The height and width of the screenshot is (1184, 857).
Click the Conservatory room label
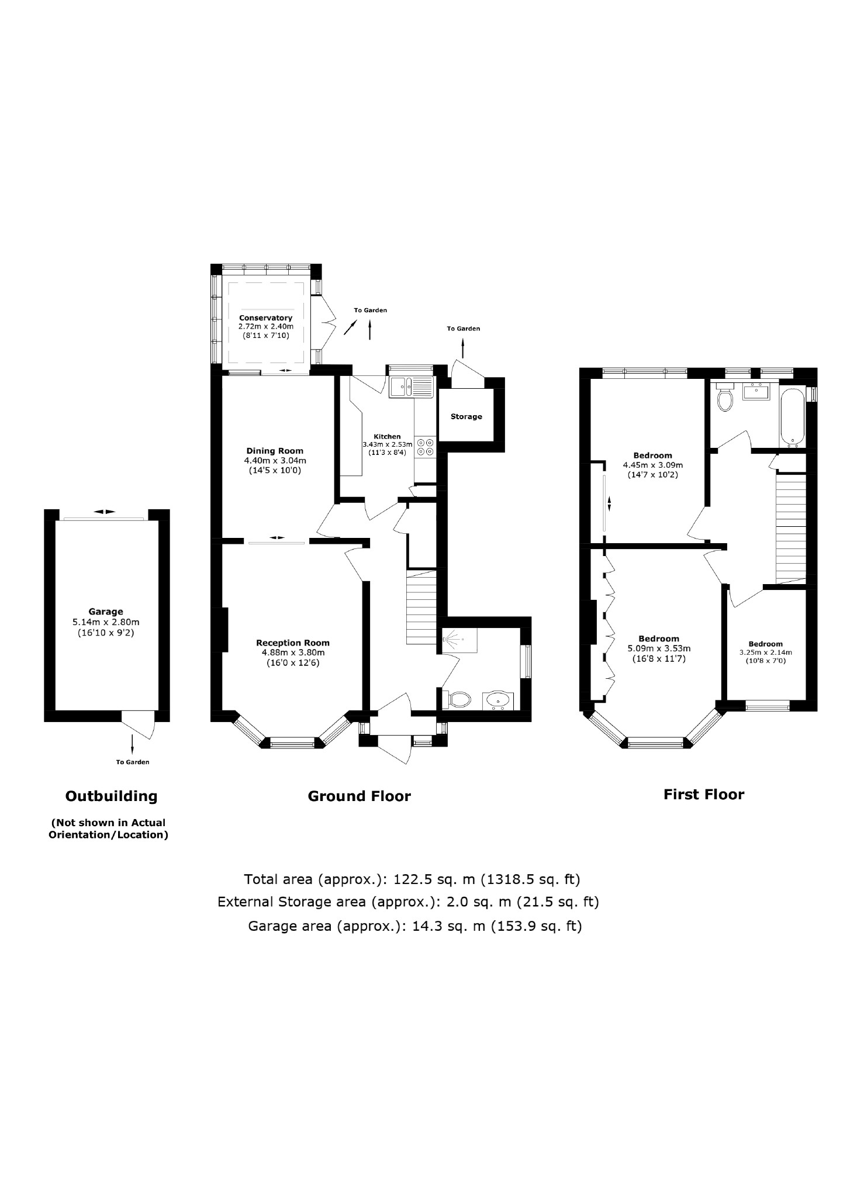click(265, 317)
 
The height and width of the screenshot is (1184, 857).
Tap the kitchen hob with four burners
click(425, 447)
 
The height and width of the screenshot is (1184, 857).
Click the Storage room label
click(466, 416)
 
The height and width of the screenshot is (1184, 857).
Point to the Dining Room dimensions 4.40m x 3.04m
click(274, 461)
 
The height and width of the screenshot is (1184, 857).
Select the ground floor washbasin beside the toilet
click(497, 699)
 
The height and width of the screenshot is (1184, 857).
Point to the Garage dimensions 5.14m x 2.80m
click(106, 622)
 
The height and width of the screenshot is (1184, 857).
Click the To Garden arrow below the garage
click(132, 744)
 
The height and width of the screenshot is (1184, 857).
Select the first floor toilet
click(725, 399)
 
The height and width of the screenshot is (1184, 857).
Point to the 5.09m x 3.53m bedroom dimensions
click(659, 648)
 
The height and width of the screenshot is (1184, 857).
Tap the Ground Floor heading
click(359, 796)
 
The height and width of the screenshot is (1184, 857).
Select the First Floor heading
click(703, 794)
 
